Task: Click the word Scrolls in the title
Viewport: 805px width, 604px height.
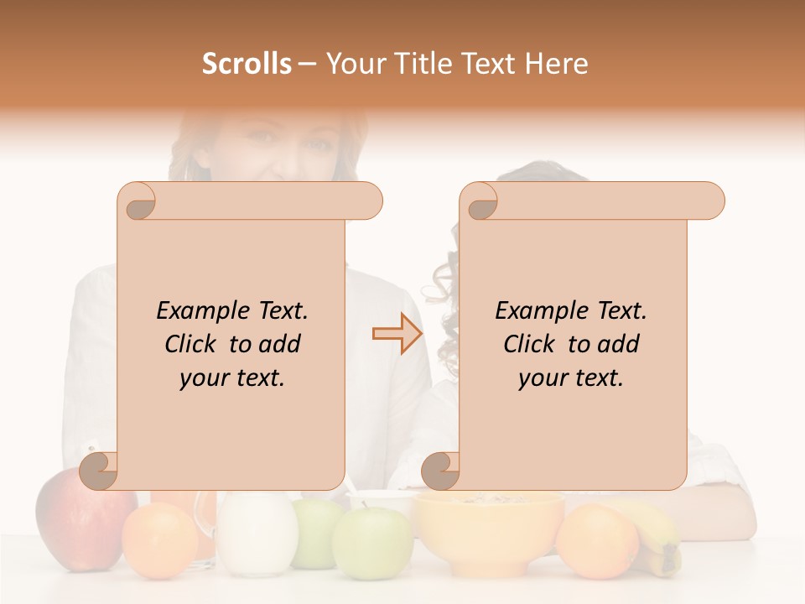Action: [x=247, y=64]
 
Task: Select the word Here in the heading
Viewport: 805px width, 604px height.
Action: [x=557, y=64]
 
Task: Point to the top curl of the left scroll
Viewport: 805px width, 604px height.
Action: [x=137, y=201]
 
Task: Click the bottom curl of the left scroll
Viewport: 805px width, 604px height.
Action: [x=99, y=471]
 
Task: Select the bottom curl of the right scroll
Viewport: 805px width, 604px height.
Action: [x=441, y=471]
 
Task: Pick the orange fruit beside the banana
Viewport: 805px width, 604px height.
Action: [x=597, y=541]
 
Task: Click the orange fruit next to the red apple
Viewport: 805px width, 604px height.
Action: [x=159, y=541]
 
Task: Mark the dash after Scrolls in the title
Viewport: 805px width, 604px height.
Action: [x=308, y=65]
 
